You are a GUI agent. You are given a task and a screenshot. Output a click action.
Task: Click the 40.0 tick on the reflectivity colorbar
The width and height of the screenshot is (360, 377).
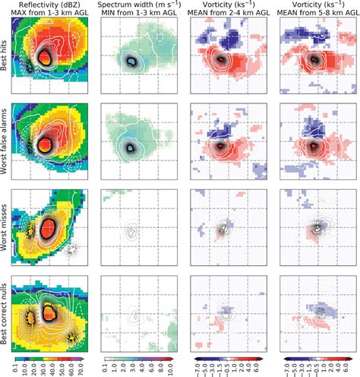pyautogui.click(x=54, y=370)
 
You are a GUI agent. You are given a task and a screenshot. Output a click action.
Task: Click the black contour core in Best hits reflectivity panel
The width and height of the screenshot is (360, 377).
pyautogui.click(x=46, y=56)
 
